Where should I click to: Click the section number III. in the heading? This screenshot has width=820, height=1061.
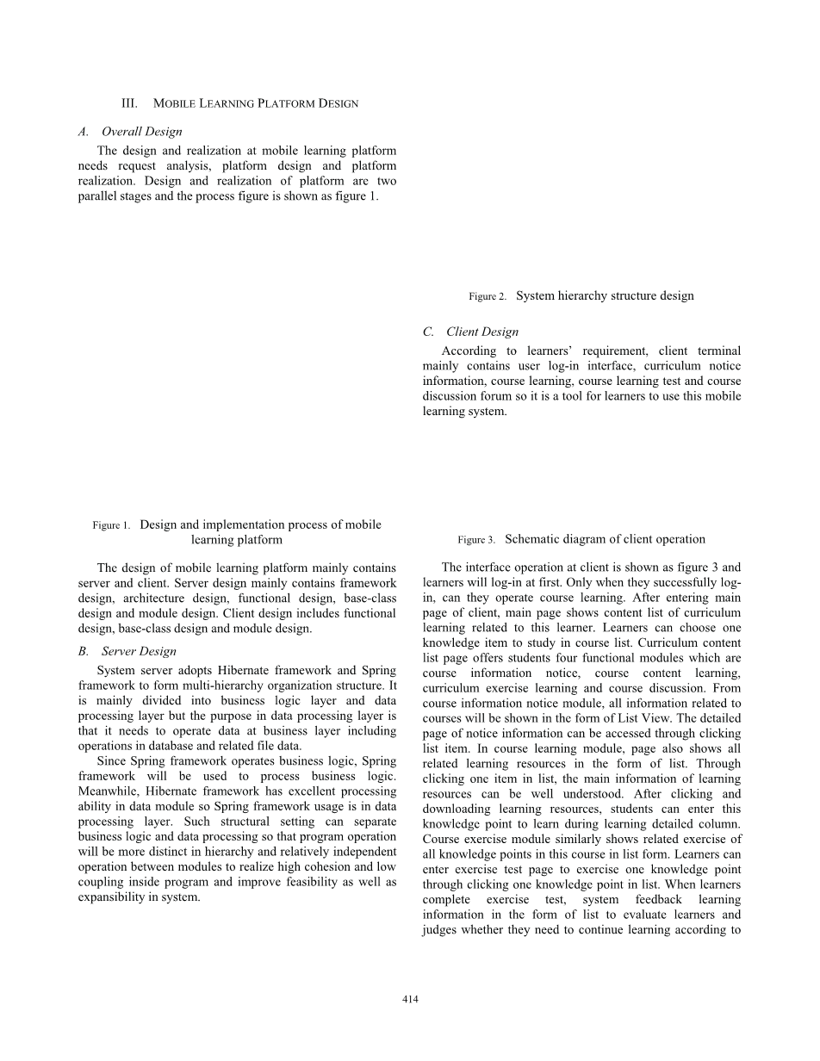129,103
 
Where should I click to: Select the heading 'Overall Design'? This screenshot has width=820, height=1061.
142,132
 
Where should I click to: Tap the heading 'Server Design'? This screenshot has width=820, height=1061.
139,651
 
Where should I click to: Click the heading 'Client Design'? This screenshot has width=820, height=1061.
482,332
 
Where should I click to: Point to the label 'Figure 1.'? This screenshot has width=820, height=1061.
111,525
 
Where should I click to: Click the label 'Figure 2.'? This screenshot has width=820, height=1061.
488,296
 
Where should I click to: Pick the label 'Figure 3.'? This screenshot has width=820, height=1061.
476,540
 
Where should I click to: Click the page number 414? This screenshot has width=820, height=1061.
410,999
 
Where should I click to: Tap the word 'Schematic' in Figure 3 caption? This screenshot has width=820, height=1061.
531,539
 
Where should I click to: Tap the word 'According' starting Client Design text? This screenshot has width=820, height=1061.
469,351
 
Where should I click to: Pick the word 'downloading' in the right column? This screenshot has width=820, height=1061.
456,809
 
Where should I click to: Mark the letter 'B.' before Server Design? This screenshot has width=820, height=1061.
84,651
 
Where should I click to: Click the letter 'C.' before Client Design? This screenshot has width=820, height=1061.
428,332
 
